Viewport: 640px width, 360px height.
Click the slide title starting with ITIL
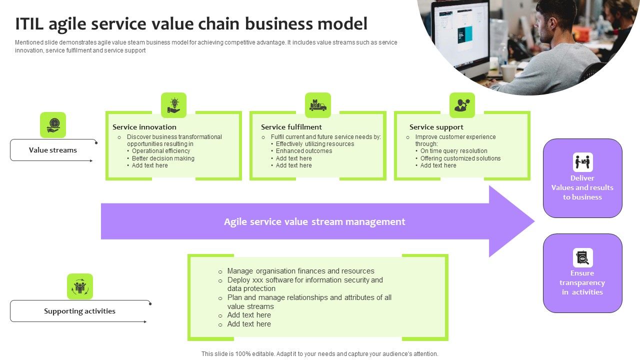191,23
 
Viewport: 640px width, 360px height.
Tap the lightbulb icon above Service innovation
173,105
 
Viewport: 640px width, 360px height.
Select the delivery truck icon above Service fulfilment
318,105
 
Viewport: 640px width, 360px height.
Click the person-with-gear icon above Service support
462,105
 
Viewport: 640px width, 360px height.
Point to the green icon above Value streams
53,124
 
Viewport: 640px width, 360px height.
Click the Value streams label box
53,150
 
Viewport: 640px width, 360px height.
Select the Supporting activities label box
79,311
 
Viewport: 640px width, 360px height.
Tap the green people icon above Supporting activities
80,286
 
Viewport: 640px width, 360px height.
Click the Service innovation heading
144,127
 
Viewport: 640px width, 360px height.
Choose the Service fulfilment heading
291,127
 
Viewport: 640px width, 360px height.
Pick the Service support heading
436,127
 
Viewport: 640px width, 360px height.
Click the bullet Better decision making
163,158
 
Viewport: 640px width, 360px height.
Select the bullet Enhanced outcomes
304,151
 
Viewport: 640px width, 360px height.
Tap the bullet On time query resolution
453,151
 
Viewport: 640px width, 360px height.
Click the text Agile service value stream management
314,221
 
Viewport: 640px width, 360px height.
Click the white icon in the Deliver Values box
582,162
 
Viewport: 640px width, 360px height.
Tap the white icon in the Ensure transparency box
582,257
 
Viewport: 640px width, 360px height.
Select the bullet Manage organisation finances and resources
300,271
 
